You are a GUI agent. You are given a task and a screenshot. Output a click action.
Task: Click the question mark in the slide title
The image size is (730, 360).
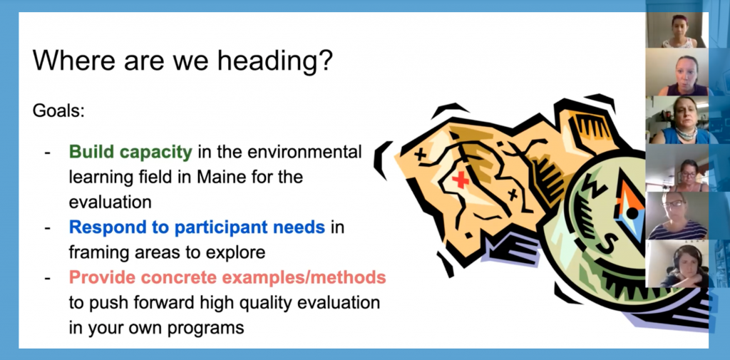click(x=324, y=62)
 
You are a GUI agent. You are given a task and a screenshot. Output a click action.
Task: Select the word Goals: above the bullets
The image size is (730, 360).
click(x=58, y=112)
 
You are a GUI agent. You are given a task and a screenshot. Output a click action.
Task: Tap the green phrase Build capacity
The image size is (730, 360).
click(x=130, y=153)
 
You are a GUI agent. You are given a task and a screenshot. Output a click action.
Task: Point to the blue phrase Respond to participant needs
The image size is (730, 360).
click(x=197, y=227)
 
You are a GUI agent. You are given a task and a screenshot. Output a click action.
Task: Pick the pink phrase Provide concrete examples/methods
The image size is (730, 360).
click(x=227, y=278)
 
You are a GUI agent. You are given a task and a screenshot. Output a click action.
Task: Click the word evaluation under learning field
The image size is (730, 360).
click(x=110, y=202)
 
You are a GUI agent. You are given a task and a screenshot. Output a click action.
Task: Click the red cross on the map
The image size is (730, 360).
click(x=461, y=180)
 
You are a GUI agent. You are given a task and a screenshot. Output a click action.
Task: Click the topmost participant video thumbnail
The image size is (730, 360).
click(x=677, y=30)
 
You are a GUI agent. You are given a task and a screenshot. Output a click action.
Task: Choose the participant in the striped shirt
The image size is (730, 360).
click(x=677, y=215)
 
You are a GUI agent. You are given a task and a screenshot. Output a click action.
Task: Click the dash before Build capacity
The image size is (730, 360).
click(x=47, y=153)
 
